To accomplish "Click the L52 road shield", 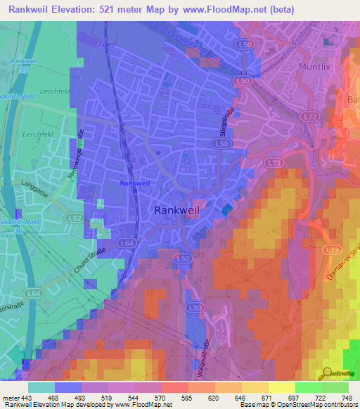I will [x=73, y=219].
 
